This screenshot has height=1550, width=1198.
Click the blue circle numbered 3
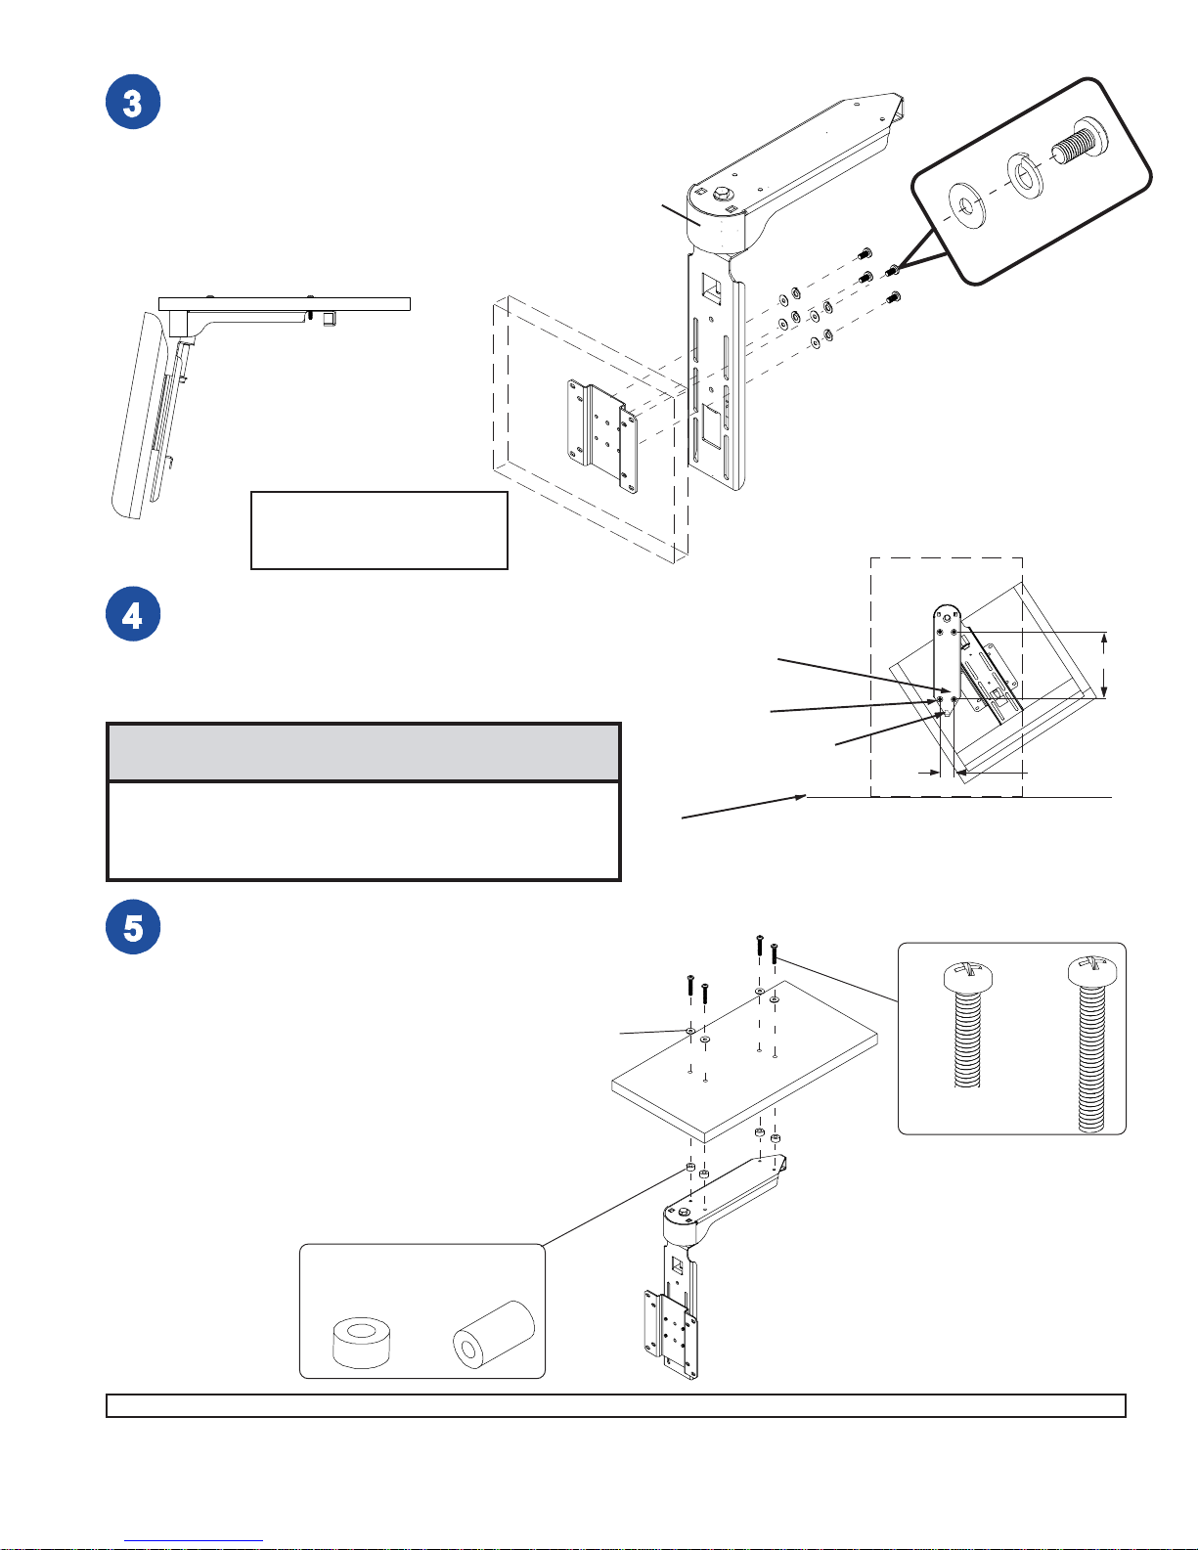coord(133,102)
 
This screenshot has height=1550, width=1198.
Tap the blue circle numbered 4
coord(133,614)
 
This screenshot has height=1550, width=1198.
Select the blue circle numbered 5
coord(133,927)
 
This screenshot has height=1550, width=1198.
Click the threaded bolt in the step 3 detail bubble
coord(1079,144)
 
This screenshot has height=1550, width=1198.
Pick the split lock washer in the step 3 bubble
coord(1025,175)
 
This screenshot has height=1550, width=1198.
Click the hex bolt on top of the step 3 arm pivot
coord(721,193)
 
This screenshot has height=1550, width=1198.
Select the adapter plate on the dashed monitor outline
coord(601,436)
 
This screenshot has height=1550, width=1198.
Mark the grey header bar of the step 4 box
coord(364,752)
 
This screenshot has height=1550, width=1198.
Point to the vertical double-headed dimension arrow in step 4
coord(1104,665)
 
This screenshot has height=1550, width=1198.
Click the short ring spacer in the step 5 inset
coord(362,1342)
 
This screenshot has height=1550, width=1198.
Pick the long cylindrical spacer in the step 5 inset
coord(494,1334)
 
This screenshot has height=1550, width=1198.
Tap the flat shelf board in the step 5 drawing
coord(744,1061)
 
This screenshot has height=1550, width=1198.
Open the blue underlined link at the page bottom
coord(194,1541)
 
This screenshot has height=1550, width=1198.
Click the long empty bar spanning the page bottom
coord(615,1405)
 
